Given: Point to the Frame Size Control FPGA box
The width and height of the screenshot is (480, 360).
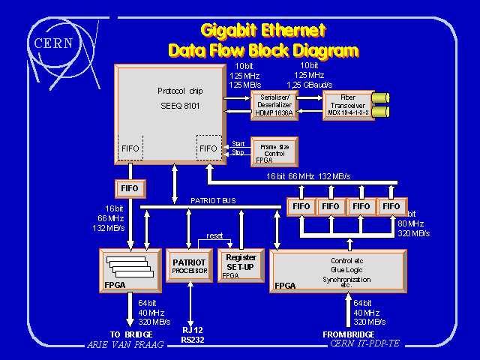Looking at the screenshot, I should pyautogui.click(x=274, y=148).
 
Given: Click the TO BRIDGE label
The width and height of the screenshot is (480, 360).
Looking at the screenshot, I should pyautogui.click(x=131, y=334).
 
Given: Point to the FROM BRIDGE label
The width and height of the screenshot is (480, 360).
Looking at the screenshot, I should pyautogui.click(x=349, y=334).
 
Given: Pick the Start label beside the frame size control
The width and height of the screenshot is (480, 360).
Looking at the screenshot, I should pyautogui.click(x=238, y=143).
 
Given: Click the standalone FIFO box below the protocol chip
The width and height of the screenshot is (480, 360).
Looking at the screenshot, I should pyautogui.click(x=130, y=188).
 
